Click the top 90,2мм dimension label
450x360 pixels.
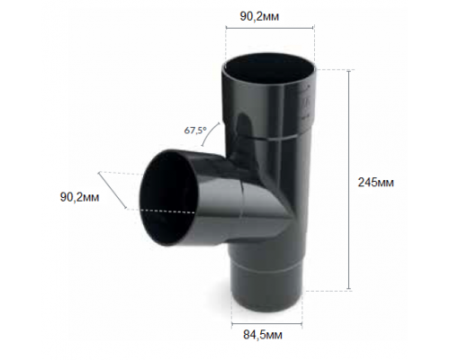click(x=259, y=17)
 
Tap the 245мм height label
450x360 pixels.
click(x=375, y=182)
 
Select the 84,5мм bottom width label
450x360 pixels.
click(x=263, y=335)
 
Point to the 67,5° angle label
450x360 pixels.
click(x=195, y=130)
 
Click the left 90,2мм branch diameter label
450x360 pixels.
click(x=79, y=197)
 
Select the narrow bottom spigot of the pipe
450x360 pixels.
click(x=268, y=291)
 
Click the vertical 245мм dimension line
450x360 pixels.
click(x=348, y=180)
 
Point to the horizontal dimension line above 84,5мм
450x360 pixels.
click(x=266, y=324)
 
